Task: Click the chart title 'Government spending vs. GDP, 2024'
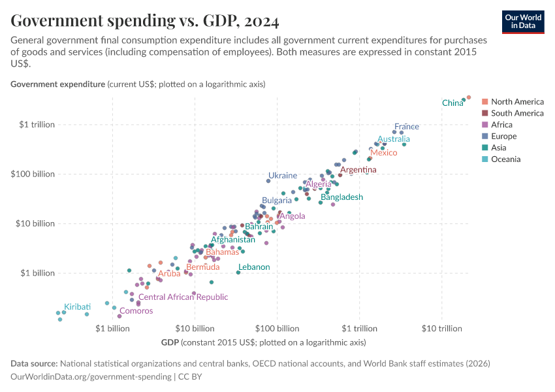(145, 22)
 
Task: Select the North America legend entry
(516, 102)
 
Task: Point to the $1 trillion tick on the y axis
(37, 125)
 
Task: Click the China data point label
(452, 103)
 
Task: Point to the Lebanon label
(254, 267)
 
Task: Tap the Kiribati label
(77, 307)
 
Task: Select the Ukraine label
(283, 176)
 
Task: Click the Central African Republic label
(183, 297)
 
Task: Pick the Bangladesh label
(341, 197)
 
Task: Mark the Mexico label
(383, 153)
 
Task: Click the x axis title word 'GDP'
(169, 342)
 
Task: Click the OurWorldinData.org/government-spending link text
(91, 377)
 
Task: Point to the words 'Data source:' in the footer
(34, 363)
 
